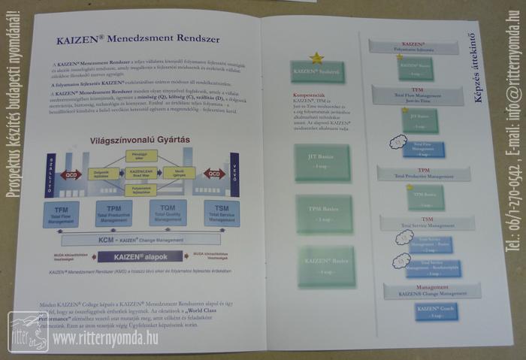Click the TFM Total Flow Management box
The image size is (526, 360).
click(61, 213)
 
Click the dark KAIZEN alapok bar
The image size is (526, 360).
click(140, 256)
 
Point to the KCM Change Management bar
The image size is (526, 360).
click(141, 240)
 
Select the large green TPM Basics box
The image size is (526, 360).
click(325, 213)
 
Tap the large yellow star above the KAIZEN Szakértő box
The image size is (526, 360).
click(316, 57)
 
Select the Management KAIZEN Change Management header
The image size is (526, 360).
click(428, 289)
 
